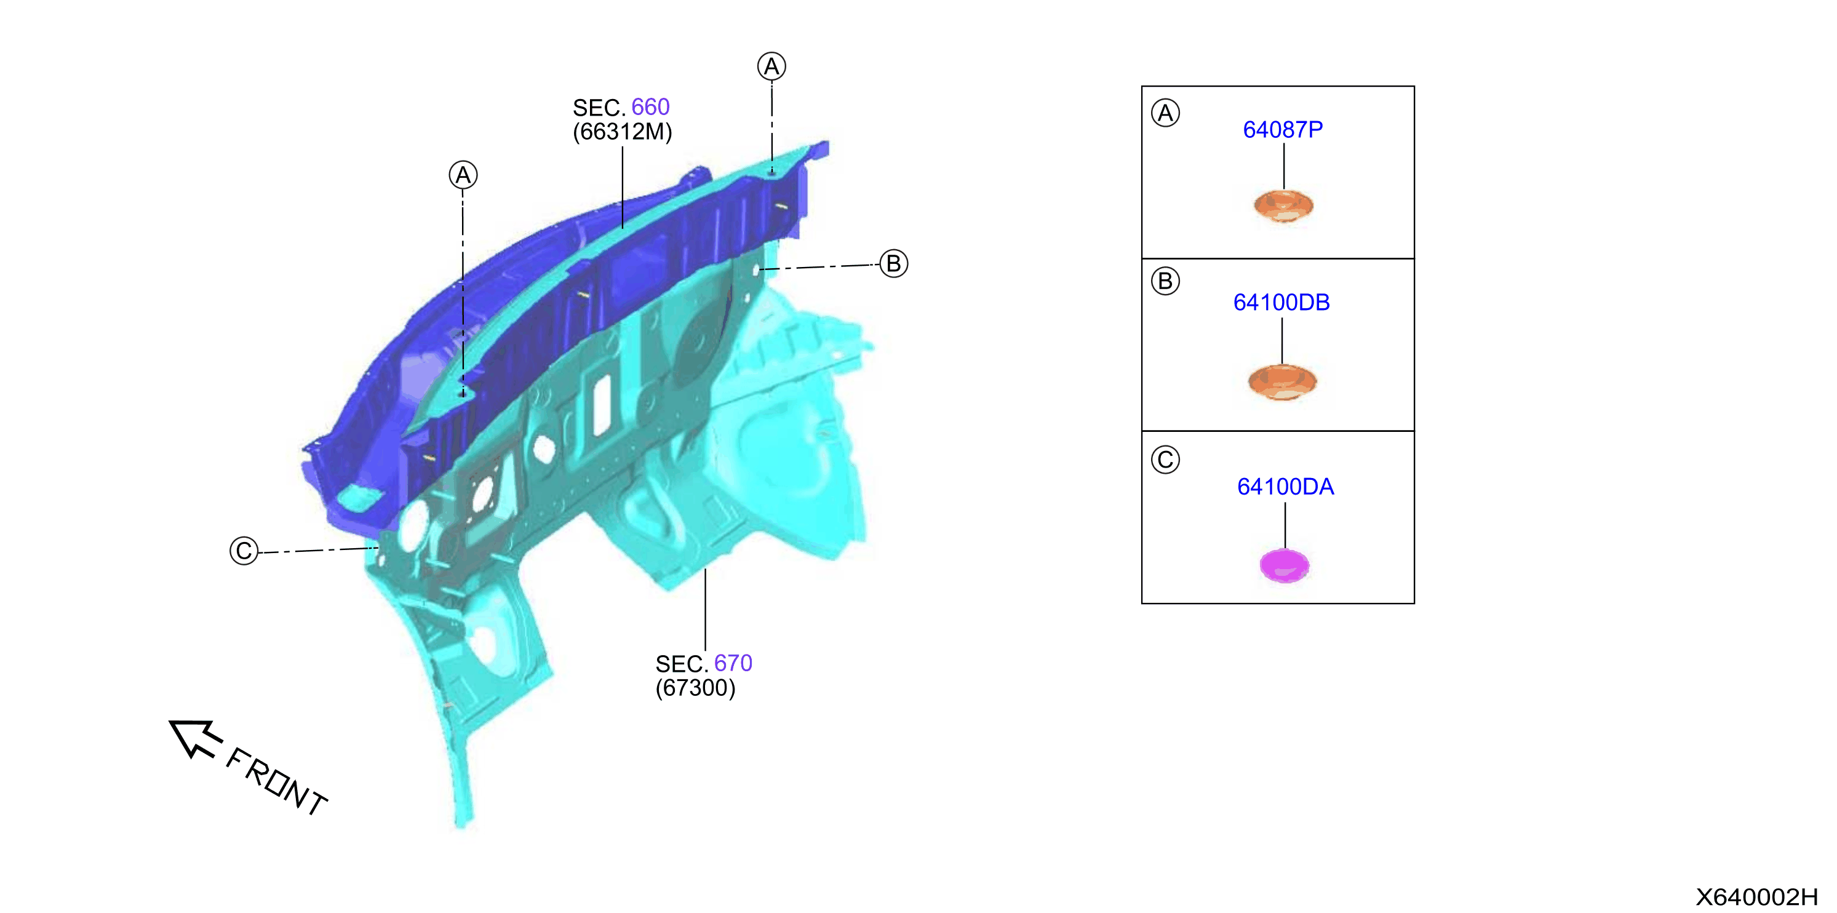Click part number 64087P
pos(1282,130)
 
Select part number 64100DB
pos(1281,303)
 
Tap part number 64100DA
pos(1285,487)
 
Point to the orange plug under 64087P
pos(1283,206)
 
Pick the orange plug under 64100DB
pos(1282,381)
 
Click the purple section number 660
pos(650,107)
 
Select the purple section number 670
pos(733,663)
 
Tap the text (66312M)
pos(623,132)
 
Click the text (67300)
pos(695,688)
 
